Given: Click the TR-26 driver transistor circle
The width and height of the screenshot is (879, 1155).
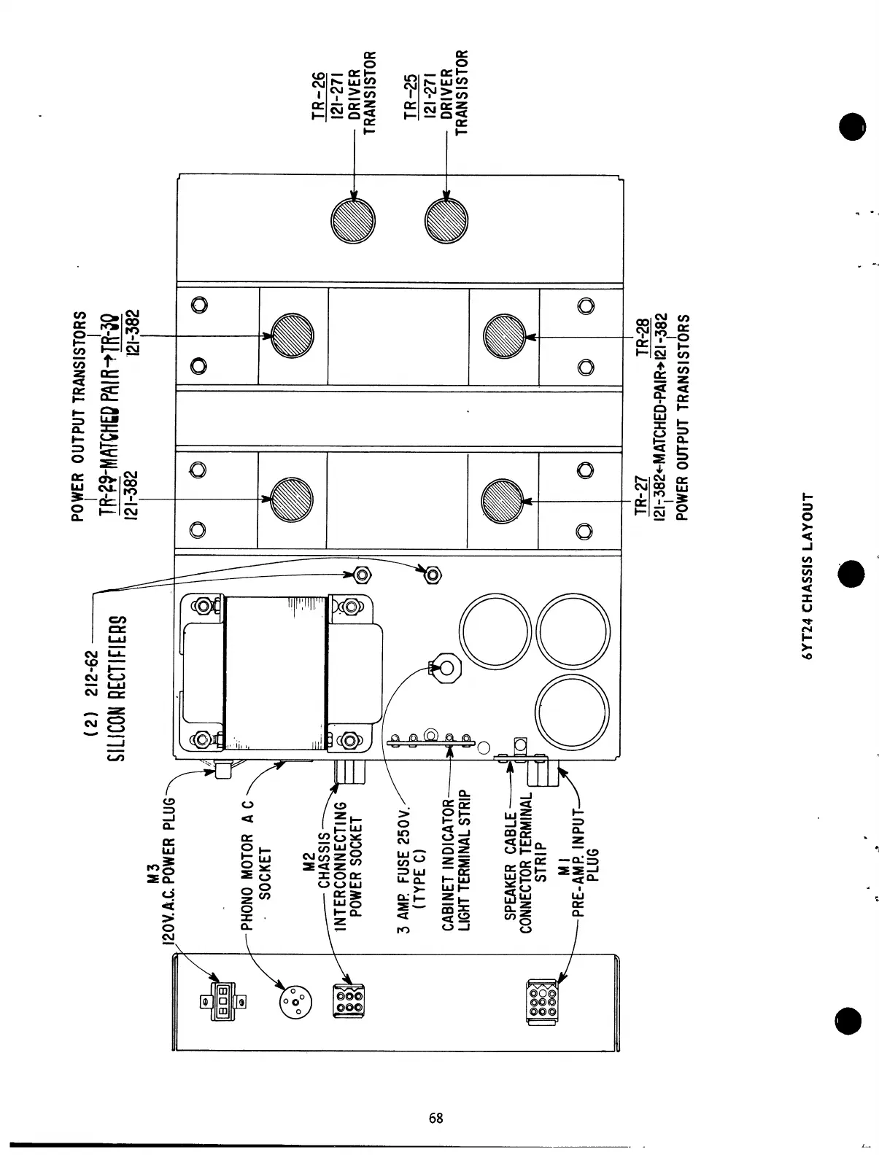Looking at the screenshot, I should coord(353,220).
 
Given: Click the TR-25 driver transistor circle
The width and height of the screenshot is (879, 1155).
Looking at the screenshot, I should coord(446,220).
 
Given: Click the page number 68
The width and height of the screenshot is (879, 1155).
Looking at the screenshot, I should coord(436,1119).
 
